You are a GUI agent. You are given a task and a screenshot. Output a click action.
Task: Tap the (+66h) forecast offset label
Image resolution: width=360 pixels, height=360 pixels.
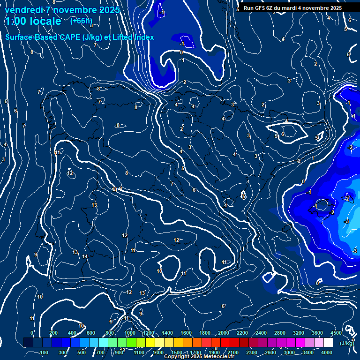(81, 21)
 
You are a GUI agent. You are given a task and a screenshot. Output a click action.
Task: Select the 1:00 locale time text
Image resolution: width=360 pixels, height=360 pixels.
(32, 21)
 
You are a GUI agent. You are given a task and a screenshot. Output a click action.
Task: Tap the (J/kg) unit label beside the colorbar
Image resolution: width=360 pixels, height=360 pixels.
(347, 343)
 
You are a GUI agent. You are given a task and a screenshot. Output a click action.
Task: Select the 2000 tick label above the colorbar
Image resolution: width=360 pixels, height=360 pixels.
(224, 333)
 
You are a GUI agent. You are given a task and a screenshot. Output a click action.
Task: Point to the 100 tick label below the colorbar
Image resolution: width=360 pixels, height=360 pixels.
(45, 352)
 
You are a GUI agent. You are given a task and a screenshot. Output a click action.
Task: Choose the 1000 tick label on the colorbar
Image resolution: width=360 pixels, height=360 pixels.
(130, 333)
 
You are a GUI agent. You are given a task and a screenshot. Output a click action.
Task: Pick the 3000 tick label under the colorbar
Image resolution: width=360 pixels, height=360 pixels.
(289, 352)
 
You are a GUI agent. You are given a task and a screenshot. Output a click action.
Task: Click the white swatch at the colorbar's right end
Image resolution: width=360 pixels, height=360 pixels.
(328, 343)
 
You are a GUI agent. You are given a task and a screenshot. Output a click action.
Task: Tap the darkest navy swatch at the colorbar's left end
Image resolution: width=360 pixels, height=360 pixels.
(28, 343)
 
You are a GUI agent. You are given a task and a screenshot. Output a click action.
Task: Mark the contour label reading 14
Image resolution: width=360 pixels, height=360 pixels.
(85, 256)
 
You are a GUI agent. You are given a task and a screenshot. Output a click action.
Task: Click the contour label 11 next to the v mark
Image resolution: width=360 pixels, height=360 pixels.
(57, 153)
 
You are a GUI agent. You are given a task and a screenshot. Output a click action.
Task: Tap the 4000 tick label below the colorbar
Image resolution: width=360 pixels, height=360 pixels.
(327, 352)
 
